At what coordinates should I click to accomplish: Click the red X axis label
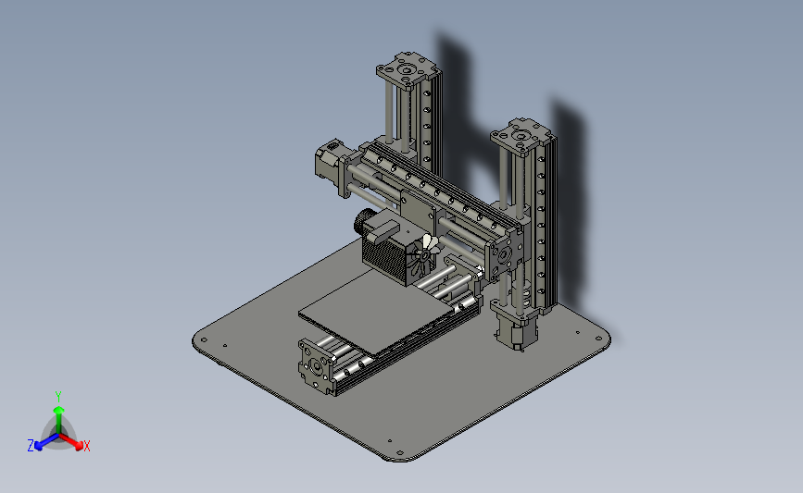click(86, 446)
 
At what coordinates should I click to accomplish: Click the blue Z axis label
click(31, 446)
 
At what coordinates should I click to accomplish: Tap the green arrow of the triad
click(58, 413)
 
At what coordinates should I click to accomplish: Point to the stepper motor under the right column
click(515, 328)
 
